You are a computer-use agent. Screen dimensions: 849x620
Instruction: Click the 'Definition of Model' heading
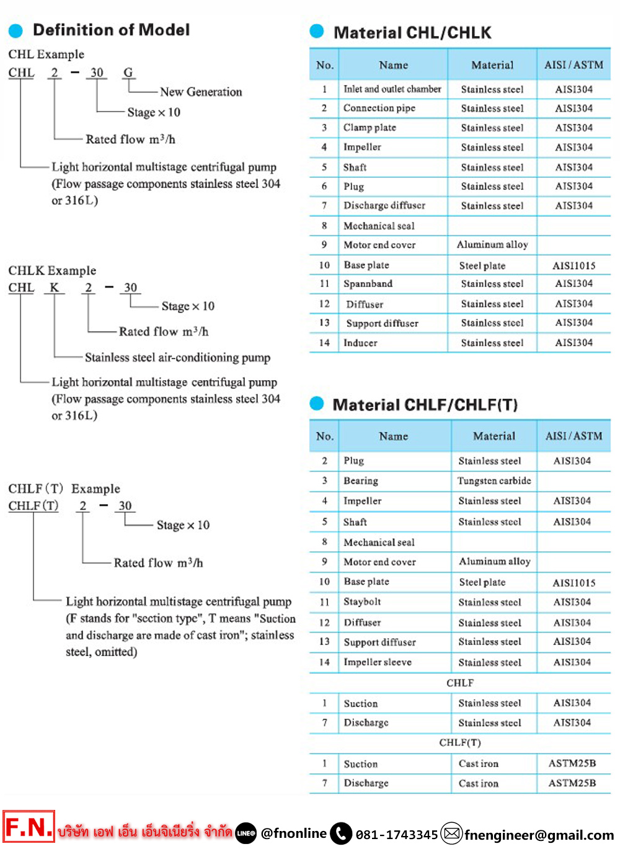(x=111, y=30)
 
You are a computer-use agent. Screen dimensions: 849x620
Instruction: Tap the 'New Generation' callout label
(x=201, y=92)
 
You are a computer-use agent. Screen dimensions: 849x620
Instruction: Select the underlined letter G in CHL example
(x=128, y=73)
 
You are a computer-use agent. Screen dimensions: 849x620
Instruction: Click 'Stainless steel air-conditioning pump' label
(x=177, y=357)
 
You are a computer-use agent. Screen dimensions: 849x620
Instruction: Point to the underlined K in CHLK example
(x=55, y=287)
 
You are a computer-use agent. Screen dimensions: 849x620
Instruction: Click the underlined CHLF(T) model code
(x=33, y=505)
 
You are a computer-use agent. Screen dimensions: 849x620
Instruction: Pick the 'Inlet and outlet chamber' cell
(x=392, y=89)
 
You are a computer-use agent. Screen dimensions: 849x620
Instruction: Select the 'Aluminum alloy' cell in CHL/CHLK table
(x=492, y=245)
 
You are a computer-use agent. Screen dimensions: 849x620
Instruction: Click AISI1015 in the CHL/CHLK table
(x=573, y=265)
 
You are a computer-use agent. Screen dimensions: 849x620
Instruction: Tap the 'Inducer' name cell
(x=360, y=343)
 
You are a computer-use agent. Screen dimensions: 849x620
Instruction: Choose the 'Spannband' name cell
(x=368, y=284)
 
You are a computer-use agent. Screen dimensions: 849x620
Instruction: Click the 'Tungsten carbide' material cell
(x=494, y=481)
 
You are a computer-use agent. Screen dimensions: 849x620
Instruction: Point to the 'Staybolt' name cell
(x=362, y=602)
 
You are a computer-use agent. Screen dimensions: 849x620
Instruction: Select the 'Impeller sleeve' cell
(x=378, y=662)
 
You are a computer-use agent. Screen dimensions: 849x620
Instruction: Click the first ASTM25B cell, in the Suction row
(x=572, y=763)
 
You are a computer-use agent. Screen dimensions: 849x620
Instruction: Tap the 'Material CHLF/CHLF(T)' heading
(x=425, y=405)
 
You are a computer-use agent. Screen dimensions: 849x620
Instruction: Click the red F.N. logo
(x=29, y=827)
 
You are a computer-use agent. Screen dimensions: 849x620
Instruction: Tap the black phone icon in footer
(x=341, y=833)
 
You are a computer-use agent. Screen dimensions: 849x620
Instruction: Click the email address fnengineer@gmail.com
(x=539, y=835)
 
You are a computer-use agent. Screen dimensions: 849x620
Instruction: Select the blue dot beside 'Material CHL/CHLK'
(x=317, y=31)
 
